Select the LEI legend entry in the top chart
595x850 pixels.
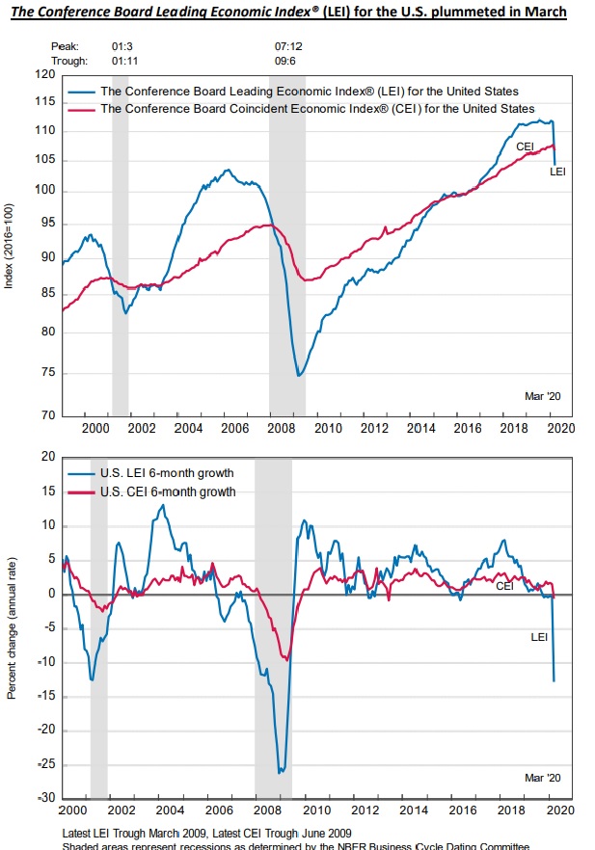[309, 92]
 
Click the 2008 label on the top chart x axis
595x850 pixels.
[282, 427]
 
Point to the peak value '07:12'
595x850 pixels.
[289, 45]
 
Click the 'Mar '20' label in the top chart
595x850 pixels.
[546, 395]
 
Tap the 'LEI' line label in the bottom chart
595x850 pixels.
[541, 637]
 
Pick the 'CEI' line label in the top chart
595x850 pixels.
[526, 146]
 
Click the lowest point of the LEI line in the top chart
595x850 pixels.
[299, 375]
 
